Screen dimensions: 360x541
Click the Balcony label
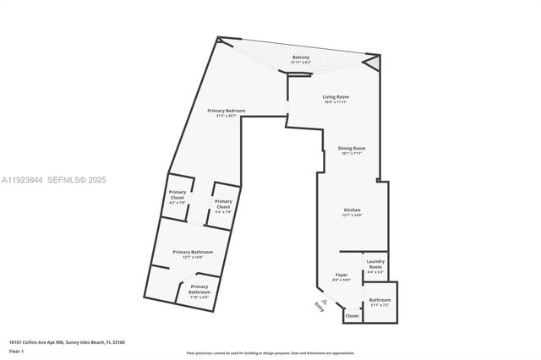pos(313,57)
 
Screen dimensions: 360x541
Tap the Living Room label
pos(336,97)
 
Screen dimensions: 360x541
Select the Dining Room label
pos(352,149)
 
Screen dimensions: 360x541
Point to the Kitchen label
pos(352,210)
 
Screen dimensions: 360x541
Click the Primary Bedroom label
pos(226,111)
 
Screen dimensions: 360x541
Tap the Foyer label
pos(342,275)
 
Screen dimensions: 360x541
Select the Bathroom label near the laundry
pos(380,300)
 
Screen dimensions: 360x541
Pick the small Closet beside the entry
pos(352,316)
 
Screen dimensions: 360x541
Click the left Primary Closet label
pos(178,194)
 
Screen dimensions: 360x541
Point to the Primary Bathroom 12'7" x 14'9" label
pos(193,253)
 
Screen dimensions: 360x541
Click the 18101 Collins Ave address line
pos(67,342)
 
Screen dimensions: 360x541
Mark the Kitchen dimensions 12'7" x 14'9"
pos(352,215)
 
